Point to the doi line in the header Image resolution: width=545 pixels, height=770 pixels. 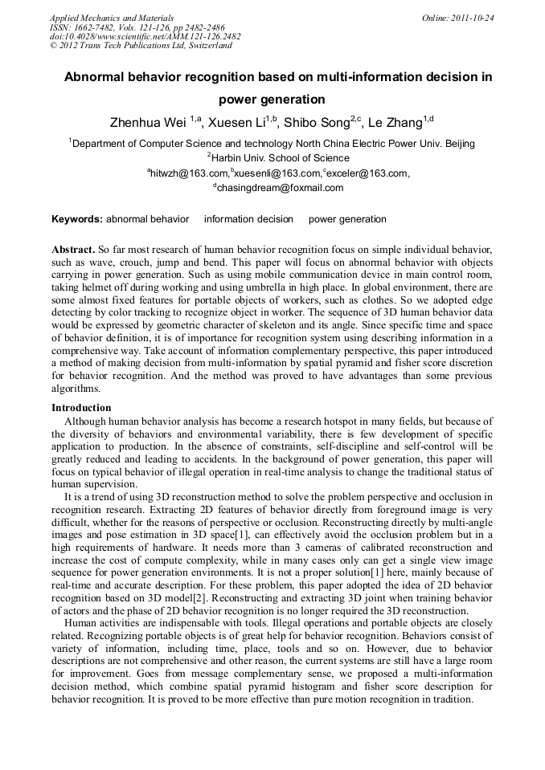pos(145,36)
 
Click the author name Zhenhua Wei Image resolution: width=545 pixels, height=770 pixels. pos(149,123)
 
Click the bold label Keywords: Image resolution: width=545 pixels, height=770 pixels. pos(77,219)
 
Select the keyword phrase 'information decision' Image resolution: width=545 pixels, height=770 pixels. pos(248,219)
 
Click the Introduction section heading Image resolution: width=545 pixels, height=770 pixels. pos(81,408)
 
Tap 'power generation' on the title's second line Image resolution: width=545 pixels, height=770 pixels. pos(272,100)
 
